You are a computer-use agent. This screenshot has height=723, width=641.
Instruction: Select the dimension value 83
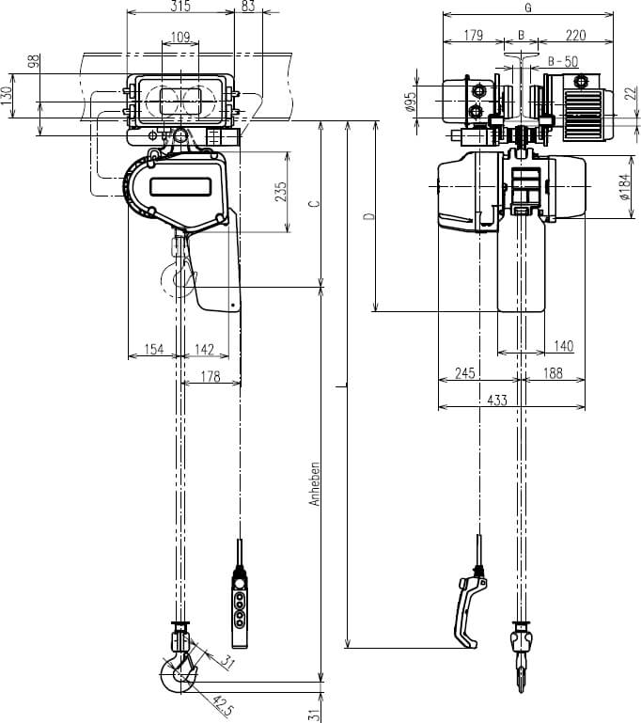point(248,7)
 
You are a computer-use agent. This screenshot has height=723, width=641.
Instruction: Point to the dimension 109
point(181,38)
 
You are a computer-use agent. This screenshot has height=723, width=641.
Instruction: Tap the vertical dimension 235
point(281,192)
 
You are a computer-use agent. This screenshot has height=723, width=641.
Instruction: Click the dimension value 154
point(154,350)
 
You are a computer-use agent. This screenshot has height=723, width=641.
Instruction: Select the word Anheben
point(316,484)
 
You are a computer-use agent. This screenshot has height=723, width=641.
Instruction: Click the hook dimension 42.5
point(222,704)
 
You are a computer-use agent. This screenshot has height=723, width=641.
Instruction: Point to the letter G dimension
point(528,8)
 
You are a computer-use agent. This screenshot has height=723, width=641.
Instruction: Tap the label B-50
point(563,61)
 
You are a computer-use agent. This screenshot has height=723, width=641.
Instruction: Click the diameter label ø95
point(411,102)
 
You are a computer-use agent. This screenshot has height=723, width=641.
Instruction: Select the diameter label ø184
point(623,187)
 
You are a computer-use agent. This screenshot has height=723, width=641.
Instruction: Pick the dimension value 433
point(497,401)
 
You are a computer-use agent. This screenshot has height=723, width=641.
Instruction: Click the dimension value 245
point(464,373)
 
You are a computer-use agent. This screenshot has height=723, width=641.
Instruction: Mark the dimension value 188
point(552,373)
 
